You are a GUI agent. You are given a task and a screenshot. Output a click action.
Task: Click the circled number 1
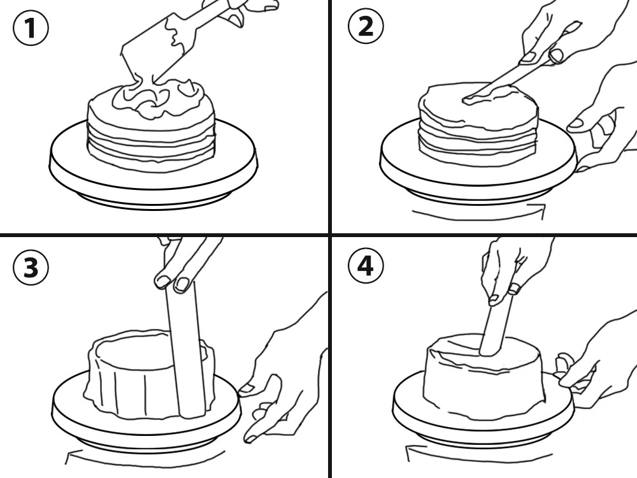click(31, 27)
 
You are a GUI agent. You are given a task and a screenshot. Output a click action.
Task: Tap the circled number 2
click(366, 27)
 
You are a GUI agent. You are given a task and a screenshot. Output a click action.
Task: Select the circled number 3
click(31, 268)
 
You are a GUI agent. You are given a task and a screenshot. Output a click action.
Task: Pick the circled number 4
click(366, 266)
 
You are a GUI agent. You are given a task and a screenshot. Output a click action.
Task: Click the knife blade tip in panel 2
click(464, 99)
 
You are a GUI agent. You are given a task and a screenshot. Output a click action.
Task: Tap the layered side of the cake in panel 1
click(151, 144)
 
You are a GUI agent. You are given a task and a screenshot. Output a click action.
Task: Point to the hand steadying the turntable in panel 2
click(601, 118)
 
